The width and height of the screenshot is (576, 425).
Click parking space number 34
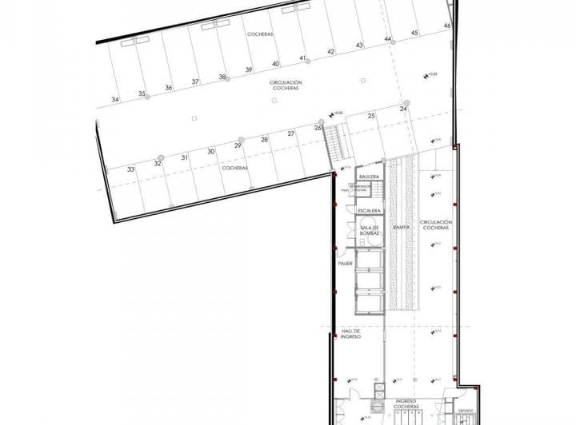(x=115, y=100)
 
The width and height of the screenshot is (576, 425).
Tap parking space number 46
(x=447, y=26)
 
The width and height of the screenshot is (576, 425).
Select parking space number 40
(x=275, y=64)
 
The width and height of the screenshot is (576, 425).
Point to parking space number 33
(x=130, y=169)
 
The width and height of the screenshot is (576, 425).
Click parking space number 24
(x=403, y=109)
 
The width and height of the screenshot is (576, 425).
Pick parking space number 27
(x=291, y=133)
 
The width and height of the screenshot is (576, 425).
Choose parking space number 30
(x=211, y=151)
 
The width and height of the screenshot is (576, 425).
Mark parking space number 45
(x=414, y=33)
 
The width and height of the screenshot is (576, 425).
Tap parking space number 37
(x=194, y=82)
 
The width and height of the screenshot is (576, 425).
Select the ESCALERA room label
(x=369, y=211)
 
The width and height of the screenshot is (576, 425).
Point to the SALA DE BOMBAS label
(x=369, y=231)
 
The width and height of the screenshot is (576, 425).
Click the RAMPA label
(x=402, y=228)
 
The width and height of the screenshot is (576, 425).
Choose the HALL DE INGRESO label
(x=352, y=334)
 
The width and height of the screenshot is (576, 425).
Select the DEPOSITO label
(x=465, y=413)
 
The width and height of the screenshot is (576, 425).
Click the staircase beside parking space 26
(x=334, y=141)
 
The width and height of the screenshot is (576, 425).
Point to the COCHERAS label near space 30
(x=234, y=169)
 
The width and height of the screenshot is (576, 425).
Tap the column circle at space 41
(x=304, y=58)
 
